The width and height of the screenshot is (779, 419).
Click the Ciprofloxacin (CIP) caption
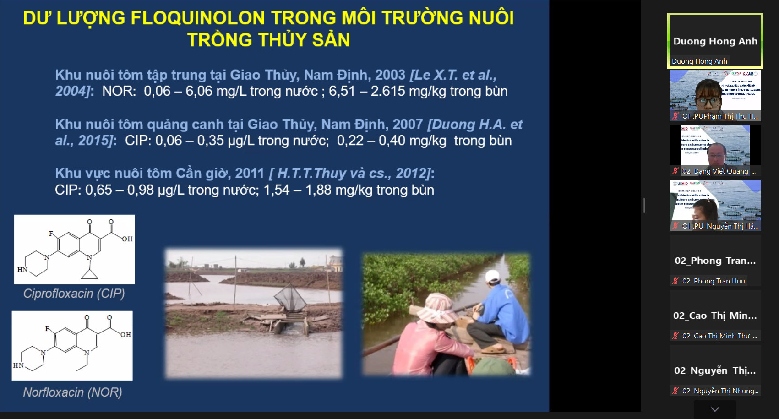(x=74, y=294)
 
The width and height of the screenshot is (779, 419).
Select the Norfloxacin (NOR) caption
(x=72, y=392)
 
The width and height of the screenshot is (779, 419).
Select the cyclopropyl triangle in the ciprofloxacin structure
(x=90, y=273)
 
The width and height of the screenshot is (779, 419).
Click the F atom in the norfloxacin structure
(x=47, y=329)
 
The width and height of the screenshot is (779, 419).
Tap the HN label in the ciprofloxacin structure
(x=22, y=270)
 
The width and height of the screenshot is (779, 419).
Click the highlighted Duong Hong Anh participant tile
(x=715, y=41)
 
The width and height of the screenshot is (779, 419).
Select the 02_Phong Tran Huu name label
(x=713, y=281)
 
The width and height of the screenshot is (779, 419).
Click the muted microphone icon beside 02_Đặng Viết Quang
(x=675, y=171)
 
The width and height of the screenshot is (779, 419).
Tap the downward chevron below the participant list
(x=715, y=409)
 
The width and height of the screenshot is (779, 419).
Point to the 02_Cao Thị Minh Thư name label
(x=719, y=336)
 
